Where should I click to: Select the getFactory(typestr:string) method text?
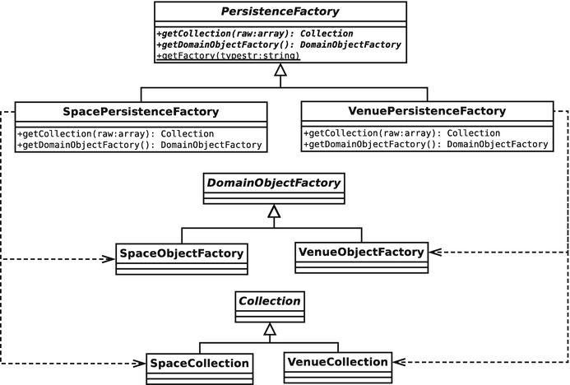(x=227, y=56)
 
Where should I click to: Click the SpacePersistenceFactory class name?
(x=141, y=111)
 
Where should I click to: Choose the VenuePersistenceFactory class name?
(x=428, y=110)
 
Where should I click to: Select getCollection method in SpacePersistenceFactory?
(x=115, y=133)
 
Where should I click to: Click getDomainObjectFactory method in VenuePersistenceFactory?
(x=425, y=144)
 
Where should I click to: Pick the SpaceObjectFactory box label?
(x=181, y=253)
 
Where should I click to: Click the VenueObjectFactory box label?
(x=360, y=251)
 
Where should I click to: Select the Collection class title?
(x=269, y=301)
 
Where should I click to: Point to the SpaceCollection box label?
(x=198, y=363)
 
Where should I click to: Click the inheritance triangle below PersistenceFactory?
(x=280, y=73)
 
